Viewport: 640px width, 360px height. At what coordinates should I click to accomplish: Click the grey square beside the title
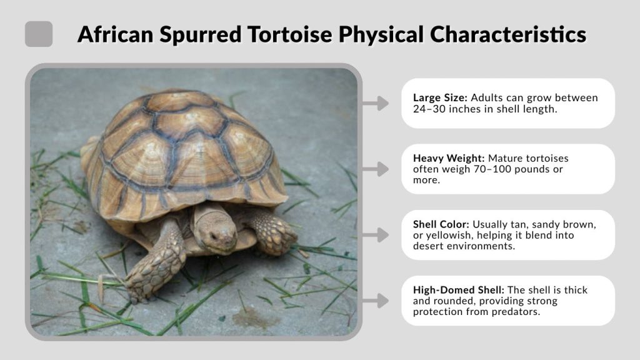click(x=39, y=34)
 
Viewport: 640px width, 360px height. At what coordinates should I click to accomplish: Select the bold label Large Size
click(x=440, y=98)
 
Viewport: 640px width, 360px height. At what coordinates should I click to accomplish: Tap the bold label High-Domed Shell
click(x=458, y=290)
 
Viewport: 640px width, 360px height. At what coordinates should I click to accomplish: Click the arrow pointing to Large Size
click(x=376, y=104)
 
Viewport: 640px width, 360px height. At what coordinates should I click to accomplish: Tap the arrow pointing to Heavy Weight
click(x=376, y=169)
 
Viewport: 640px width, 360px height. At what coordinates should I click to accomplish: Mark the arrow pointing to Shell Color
click(x=376, y=235)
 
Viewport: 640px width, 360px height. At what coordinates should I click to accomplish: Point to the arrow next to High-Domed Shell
click(x=376, y=301)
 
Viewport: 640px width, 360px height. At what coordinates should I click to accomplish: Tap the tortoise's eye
click(x=212, y=236)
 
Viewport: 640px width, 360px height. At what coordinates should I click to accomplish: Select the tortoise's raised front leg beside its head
click(x=273, y=232)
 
